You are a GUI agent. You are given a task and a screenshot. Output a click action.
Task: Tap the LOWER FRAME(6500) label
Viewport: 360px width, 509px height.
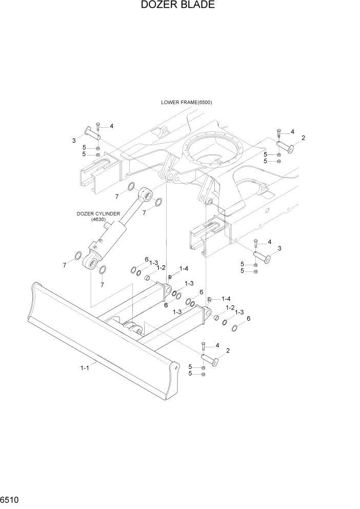point(186,102)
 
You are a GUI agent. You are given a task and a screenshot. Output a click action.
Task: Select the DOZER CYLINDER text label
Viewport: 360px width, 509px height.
point(98,213)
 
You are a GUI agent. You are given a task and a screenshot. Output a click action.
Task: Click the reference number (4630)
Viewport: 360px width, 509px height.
point(98,220)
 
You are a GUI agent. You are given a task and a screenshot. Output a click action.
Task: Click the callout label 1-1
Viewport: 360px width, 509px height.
point(85,367)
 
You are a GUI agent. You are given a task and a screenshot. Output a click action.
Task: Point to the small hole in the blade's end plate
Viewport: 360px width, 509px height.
point(176,367)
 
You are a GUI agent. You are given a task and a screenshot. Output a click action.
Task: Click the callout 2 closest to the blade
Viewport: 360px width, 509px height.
point(228,351)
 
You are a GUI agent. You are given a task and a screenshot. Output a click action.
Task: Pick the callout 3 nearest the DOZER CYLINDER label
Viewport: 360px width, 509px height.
point(74,140)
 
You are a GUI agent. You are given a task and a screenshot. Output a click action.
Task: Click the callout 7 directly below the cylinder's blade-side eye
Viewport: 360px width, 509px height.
point(102,284)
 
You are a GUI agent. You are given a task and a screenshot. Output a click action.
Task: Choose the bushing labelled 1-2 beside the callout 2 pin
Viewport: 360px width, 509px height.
point(216,318)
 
